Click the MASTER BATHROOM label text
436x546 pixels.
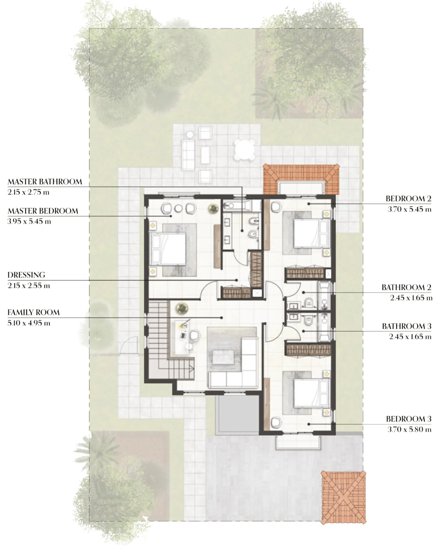point(45,182)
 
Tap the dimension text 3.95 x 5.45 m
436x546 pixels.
point(29,221)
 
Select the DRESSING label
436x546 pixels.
point(26,275)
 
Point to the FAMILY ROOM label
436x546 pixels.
point(33,312)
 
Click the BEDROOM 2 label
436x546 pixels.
point(408,199)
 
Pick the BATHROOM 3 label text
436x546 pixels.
point(406,326)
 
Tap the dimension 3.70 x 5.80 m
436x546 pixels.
point(409,430)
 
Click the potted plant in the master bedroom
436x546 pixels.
point(214,208)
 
